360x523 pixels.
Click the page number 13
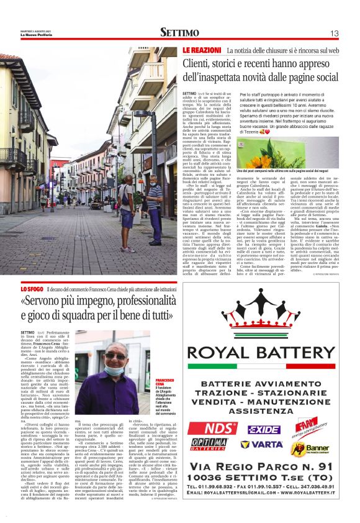[x=334, y=33]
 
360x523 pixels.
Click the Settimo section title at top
[x=179, y=32]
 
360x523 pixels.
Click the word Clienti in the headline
[x=200, y=63]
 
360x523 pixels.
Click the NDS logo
[x=220, y=429]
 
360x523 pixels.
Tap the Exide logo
[x=264, y=429]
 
